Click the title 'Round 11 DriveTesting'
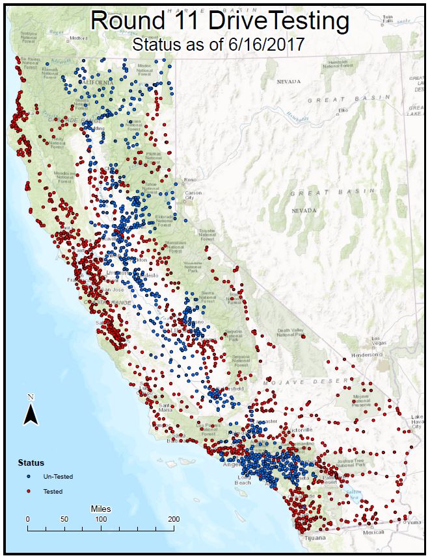pyautogui.click(x=220, y=21)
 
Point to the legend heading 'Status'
pyautogui.click(x=30, y=463)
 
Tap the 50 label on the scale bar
pyautogui.click(x=64, y=519)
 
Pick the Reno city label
pyautogui.click(x=191, y=180)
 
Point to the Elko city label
pyautogui.click(x=343, y=110)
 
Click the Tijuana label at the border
pyautogui.click(x=314, y=539)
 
